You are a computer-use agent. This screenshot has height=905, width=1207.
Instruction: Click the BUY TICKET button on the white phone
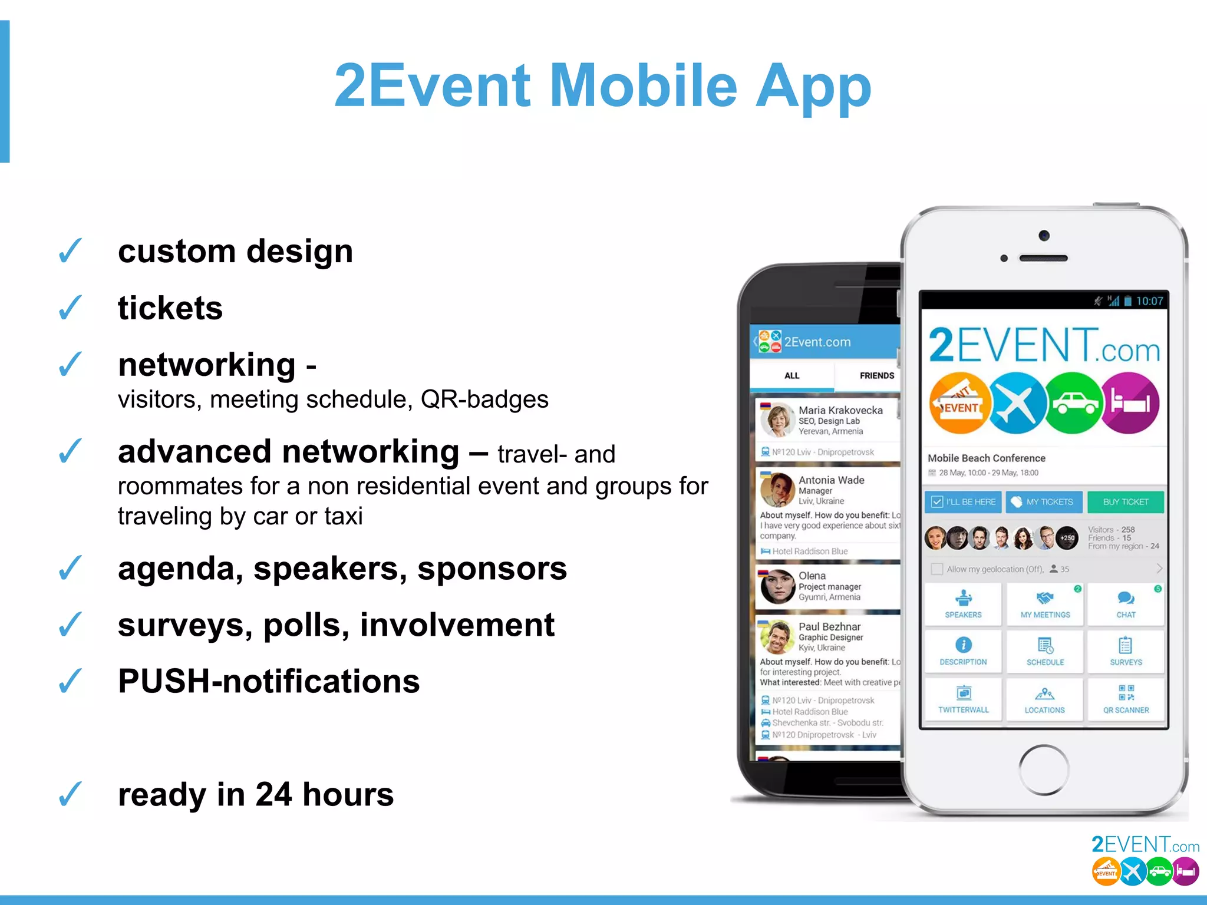pos(1125,502)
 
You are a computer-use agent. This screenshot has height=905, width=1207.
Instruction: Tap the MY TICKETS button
pos(1044,502)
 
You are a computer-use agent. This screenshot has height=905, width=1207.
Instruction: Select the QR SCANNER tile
pos(1126,699)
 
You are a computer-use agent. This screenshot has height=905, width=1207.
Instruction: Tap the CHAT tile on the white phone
pos(1126,604)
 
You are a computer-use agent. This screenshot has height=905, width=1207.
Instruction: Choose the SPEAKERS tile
pos(963,604)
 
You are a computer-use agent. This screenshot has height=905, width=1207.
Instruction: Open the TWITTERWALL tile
pos(963,699)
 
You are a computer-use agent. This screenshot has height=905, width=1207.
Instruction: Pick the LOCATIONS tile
pos(1044,699)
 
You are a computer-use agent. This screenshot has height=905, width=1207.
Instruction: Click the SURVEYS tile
pos(1126,652)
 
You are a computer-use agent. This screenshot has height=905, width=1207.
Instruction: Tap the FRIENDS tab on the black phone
pos(876,375)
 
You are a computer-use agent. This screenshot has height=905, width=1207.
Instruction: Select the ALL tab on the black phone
pos(792,375)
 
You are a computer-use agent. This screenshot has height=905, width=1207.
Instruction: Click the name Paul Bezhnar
pos(829,627)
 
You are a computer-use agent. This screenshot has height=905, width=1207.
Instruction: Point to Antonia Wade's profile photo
pos(777,490)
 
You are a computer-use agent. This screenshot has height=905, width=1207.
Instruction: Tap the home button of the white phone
pos(1044,769)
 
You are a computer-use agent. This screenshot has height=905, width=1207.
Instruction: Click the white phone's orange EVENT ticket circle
pos(959,404)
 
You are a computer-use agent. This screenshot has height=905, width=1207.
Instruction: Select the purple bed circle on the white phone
pos(1129,404)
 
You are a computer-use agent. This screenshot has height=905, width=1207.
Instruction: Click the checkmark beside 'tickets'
pos(70,308)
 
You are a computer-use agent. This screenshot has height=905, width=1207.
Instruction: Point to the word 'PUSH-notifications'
pos(269,681)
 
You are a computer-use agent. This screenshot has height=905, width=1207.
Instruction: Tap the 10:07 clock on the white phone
pos(1149,301)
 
